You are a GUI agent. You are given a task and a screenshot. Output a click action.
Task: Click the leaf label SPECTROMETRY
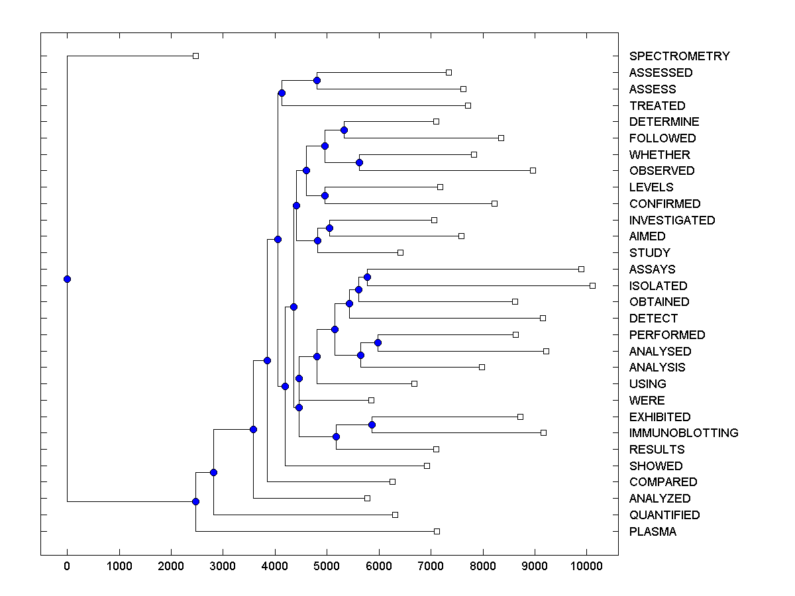coord(679,56)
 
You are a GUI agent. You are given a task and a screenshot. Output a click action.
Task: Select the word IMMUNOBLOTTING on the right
coord(684,433)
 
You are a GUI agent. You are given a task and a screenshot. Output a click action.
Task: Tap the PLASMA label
coord(653,532)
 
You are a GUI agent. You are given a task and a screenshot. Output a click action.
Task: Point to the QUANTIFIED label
coord(664,515)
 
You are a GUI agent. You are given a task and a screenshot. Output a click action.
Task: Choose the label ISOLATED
coord(658,286)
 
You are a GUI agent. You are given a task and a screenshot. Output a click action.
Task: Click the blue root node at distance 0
coord(67,279)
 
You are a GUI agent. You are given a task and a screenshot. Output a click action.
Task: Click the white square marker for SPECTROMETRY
coord(195,56)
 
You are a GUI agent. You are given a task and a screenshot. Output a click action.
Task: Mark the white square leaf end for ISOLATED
coord(592,285)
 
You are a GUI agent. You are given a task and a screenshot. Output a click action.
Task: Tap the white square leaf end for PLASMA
coord(437,531)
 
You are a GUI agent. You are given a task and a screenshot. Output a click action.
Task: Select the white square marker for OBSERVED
coord(533,170)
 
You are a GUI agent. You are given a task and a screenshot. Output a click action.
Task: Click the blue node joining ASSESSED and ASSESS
coord(317,81)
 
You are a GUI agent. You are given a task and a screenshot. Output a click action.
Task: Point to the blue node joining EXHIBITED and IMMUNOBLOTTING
coord(372,424)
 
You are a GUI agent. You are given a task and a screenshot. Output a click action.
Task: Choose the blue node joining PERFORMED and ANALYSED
coord(378,342)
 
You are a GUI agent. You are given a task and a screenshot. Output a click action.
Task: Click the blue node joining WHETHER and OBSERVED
coord(359,162)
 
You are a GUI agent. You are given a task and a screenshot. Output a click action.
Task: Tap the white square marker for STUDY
coord(400,252)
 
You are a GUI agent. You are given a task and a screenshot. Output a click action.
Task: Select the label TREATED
coord(657,106)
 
